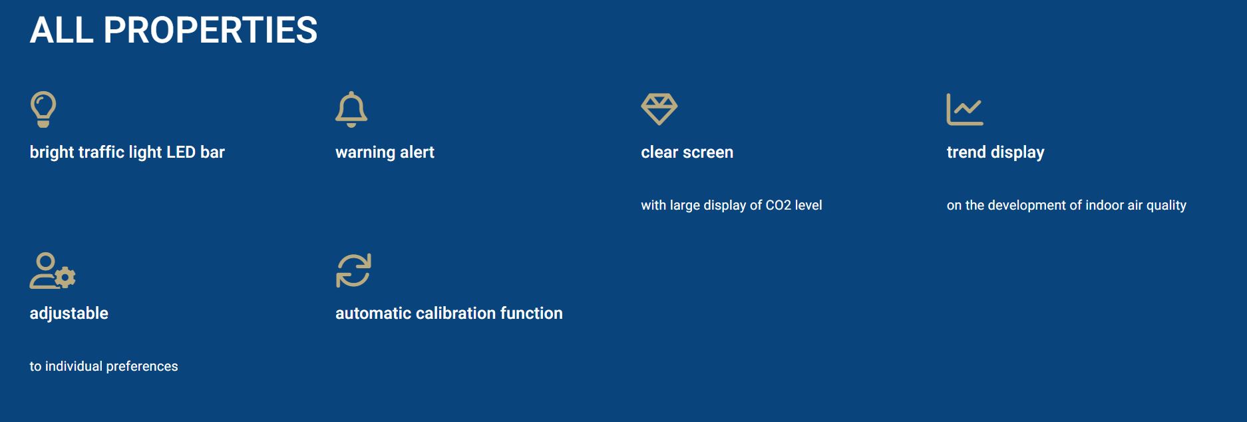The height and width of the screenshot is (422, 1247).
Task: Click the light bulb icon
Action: [43, 108]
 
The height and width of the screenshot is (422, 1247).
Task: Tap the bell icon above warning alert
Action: [351, 108]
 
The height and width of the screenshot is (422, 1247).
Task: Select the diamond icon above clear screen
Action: [659, 108]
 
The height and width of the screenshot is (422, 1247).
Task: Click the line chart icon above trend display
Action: [965, 109]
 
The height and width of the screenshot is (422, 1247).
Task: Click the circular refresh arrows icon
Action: [353, 270]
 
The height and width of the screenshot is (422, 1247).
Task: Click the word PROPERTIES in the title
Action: [210, 30]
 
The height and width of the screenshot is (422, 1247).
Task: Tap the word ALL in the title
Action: [62, 30]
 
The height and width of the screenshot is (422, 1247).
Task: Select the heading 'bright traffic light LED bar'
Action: [127, 152]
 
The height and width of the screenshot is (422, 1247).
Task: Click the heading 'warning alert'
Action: [385, 152]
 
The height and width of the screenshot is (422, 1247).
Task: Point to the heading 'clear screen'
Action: [687, 152]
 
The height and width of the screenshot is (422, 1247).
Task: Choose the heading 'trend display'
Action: [995, 152]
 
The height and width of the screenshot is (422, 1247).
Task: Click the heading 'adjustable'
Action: [69, 314]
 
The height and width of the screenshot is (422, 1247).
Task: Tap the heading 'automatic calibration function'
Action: [449, 314]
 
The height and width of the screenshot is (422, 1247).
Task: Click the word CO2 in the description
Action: [778, 205]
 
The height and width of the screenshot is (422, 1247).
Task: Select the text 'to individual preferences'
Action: [104, 366]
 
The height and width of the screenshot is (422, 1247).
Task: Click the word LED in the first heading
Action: [180, 152]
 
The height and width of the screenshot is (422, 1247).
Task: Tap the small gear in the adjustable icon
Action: [65, 277]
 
